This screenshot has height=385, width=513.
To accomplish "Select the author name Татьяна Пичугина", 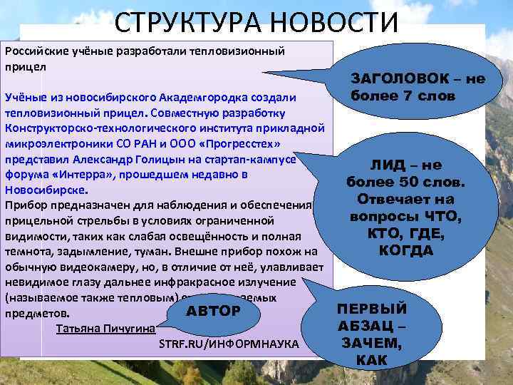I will (x=103, y=329).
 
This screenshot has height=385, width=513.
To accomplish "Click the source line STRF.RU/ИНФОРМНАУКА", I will (x=228, y=344).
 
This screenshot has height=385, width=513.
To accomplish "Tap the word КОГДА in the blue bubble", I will (x=406, y=250).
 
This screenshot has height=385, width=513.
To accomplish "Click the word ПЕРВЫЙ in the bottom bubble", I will (x=372, y=309).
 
